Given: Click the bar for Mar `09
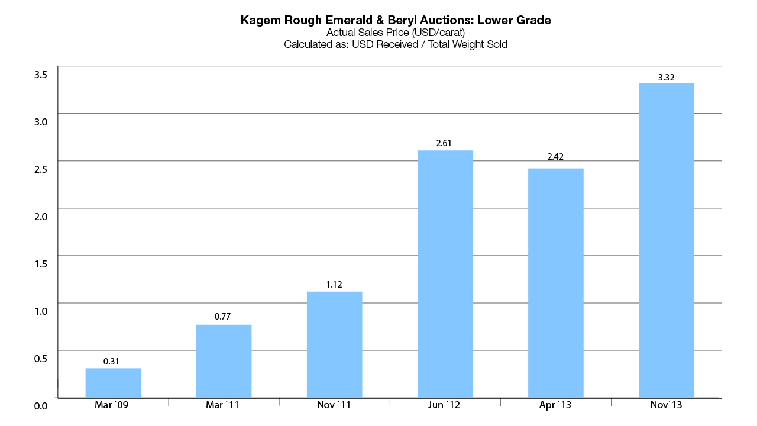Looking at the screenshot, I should (x=113, y=383).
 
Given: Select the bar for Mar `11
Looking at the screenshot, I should (x=224, y=361).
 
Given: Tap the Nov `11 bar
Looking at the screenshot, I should (x=334, y=344).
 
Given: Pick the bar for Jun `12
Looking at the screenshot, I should (x=445, y=274).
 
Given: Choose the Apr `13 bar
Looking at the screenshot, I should (x=555, y=283).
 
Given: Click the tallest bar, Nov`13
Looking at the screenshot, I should (x=667, y=240).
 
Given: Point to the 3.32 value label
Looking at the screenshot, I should (x=667, y=77).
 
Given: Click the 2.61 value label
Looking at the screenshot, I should (x=445, y=144).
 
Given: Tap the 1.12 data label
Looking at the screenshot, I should (x=334, y=285).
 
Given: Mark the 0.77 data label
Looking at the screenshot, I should (x=224, y=317).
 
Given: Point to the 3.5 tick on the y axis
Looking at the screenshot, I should (x=41, y=75).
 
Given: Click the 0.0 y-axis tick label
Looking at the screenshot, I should (x=41, y=406).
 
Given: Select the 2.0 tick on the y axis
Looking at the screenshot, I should (x=41, y=217).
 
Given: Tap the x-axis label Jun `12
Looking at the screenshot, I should (x=445, y=405).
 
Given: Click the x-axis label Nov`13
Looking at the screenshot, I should (x=667, y=405).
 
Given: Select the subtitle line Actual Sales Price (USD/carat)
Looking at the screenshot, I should (x=395, y=33).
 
